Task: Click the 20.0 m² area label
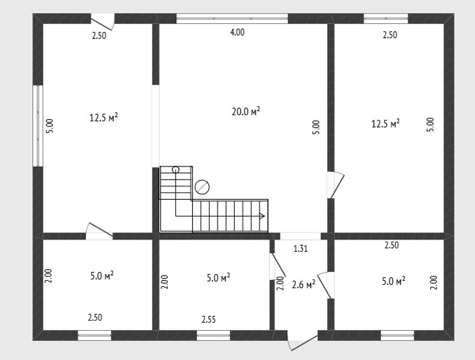(x=246, y=111)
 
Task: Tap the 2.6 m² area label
(x=304, y=284)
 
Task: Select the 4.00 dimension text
(x=237, y=32)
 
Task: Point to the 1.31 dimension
(x=300, y=249)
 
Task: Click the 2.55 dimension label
(x=209, y=319)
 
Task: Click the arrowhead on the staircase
(x=262, y=216)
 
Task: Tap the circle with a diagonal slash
(x=202, y=187)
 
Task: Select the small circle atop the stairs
(x=175, y=170)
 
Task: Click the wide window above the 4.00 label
(x=232, y=18)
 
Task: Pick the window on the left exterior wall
(x=38, y=126)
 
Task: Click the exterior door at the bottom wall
(x=303, y=341)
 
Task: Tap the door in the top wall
(x=103, y=21)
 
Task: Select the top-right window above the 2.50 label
(x=386, y=18)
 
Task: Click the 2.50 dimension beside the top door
(x=99, y=36)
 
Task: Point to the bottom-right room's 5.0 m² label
(x=393, y=281)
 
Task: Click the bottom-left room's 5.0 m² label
(x=102, y=276)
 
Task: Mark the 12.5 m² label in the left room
(x=104, y=117)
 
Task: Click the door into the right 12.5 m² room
(x=335, y=185)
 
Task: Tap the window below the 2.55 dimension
(x=213, y=336)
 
